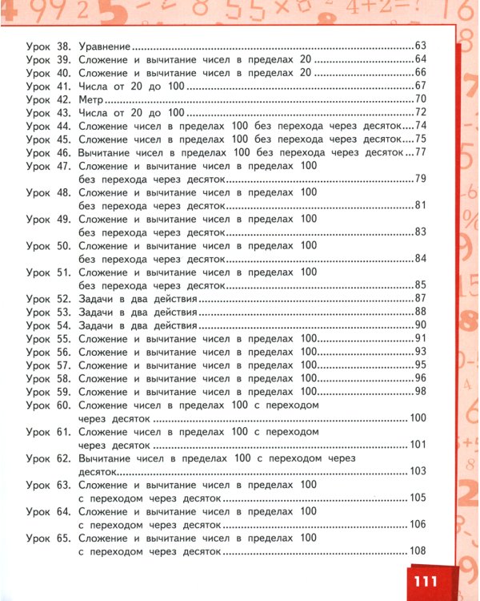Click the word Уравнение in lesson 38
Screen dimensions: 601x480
(x=104, y=47)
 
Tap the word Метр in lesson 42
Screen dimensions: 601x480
(x=91, y=99)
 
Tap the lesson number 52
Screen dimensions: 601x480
(x=65, y=299)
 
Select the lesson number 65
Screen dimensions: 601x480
(x=65, y=537)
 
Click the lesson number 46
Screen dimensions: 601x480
(x=65, y=151)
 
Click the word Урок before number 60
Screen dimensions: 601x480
(x=38, y=405)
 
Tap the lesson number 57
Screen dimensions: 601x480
(x=65, y=365)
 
